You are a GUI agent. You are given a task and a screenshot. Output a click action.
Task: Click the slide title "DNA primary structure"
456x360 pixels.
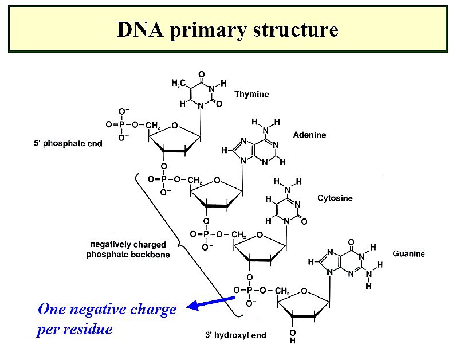227,29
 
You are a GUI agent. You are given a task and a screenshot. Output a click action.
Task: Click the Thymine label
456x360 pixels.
251,94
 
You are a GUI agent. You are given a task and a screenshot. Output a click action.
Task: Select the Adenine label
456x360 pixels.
309,135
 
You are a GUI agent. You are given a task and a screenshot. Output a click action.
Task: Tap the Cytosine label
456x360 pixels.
335,198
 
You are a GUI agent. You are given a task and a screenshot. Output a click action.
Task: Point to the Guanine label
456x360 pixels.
408,253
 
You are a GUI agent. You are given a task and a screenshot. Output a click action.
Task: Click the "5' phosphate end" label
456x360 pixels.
68,143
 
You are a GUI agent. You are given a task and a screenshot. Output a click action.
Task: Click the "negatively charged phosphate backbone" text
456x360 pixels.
128,249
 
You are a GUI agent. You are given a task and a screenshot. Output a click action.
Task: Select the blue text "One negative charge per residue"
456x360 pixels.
107,319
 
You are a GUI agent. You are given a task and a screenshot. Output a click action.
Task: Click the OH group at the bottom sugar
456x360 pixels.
292,336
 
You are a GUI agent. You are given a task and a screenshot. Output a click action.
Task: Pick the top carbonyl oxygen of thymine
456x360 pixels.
201,75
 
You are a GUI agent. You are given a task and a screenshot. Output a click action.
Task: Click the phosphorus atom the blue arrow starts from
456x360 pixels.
249,290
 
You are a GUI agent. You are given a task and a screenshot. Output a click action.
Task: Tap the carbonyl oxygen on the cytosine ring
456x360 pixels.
304,221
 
